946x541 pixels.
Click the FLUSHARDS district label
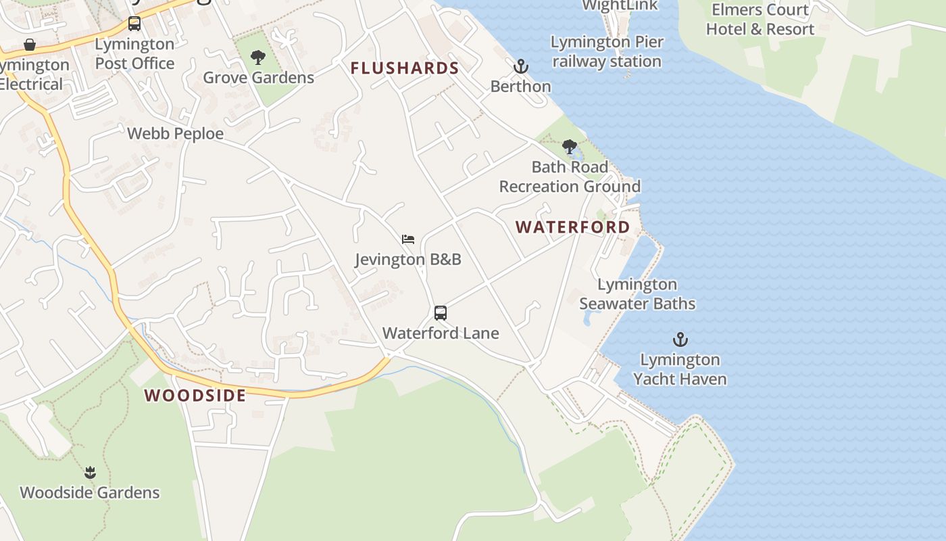point(405,68)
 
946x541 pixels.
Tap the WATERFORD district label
point(573,227)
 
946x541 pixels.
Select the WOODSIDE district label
point(195,396)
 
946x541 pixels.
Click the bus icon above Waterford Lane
point(441,313)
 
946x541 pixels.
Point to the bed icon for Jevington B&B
point(408,239)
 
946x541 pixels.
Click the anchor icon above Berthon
point(520,66)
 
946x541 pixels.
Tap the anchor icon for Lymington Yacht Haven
point(680,339)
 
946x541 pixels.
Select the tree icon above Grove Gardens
point(258,57)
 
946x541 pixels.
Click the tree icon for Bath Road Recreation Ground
point(570,147)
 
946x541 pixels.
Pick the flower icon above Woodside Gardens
point(90,472)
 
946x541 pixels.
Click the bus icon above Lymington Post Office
point(134,24)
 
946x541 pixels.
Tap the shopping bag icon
point(30,45)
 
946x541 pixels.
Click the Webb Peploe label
point(176,134)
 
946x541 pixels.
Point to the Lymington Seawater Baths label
point(637,294)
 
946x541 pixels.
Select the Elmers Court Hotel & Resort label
point(760,20)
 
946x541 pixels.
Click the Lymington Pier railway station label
point(607,51)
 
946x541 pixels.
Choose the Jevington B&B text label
point(408,260)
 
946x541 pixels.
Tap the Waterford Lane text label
point(441,333)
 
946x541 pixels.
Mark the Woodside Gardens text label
point(90,492)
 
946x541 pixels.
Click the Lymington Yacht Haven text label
point(680,369)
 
